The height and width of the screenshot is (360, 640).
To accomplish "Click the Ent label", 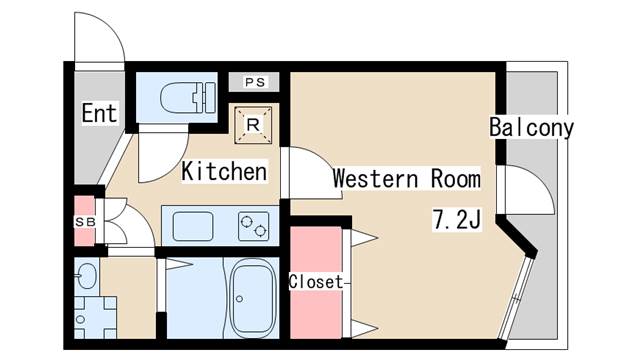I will (x=99, y=113).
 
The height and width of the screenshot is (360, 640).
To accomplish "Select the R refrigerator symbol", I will (x=253, y=125).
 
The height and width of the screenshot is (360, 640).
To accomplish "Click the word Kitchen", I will (x=224, y=172).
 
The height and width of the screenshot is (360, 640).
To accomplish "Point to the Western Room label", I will (x=406, y=179).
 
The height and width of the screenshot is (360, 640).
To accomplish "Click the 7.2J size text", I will (x=458, y=218).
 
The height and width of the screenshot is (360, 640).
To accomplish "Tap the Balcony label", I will (x=531, y=128).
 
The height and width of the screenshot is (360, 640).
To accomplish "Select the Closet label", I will (x=316, y=281).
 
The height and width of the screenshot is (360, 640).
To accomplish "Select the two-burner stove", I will (x=253, y=227).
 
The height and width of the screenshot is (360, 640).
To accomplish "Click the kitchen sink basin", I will (x=195, y=227).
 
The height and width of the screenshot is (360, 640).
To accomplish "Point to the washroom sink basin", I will (x=87, y=276).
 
